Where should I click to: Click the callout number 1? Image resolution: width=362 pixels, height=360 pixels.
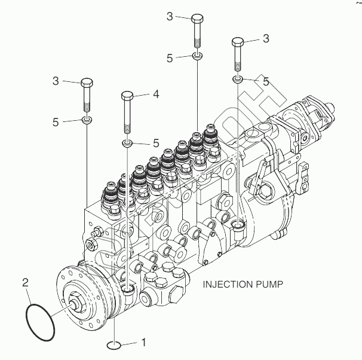143,343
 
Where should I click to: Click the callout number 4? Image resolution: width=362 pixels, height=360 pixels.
155,94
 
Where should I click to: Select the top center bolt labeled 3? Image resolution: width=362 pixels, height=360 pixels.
198,30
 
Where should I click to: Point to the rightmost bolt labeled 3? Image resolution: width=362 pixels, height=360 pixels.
237,54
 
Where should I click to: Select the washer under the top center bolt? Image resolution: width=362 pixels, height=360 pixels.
198,57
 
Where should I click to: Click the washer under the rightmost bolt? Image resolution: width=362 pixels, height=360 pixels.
238,79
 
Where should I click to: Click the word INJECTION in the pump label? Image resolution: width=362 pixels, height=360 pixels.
226,284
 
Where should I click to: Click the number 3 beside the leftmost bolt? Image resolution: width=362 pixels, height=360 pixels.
56,81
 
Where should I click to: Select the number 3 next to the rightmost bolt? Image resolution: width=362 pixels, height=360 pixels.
266,38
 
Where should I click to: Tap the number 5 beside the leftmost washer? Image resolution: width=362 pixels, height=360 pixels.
56,122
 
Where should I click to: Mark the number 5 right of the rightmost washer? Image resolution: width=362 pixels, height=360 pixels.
266,80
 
